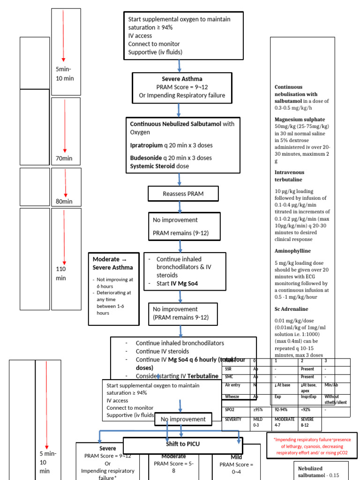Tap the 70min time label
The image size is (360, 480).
64,158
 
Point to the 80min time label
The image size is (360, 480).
64,202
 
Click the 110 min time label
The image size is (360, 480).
61,273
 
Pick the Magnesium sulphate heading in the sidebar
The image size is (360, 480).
300,120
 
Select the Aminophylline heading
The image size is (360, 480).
292,251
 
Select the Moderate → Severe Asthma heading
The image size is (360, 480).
112,263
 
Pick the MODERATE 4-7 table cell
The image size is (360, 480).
285,422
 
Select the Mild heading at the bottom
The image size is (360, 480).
236,457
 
